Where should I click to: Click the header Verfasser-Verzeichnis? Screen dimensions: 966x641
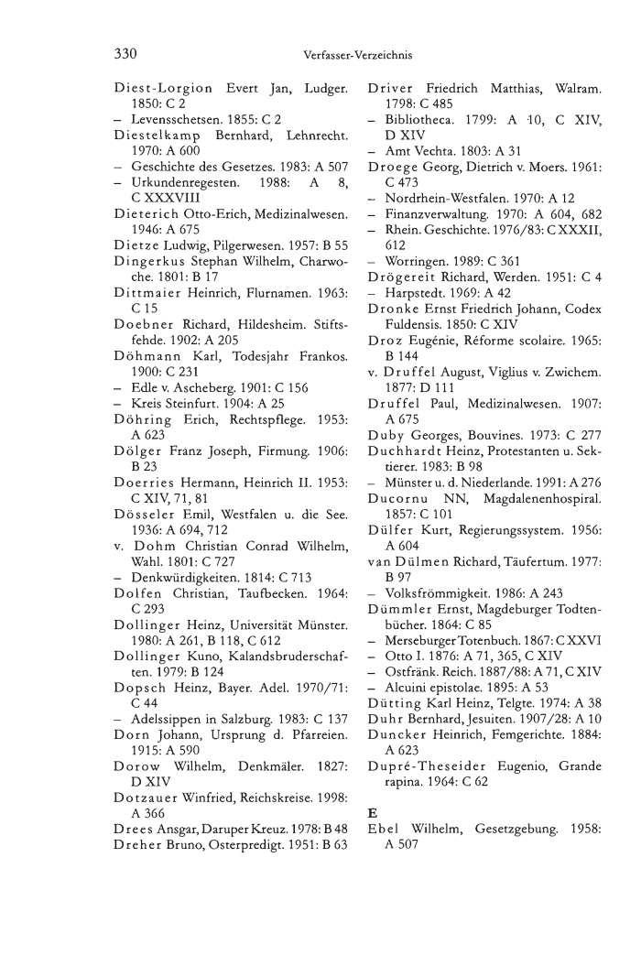pyautogui.click(x=357, y=56)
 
